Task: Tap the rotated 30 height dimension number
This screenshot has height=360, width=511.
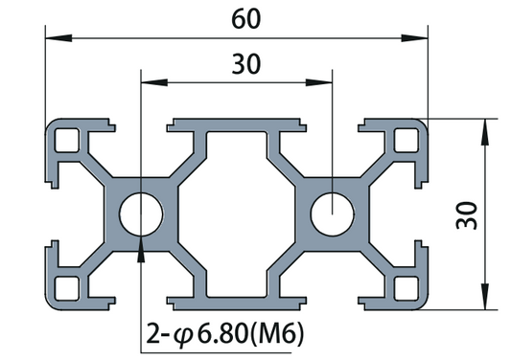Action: click(467, 214)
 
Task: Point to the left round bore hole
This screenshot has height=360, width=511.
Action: click(140, 214)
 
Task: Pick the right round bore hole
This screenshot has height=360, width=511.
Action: click(332, 214)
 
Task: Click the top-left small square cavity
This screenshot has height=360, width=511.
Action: click(66, 140)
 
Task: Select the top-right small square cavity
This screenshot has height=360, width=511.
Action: click(406, 140)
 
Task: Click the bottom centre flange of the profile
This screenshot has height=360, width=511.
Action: click(236, 302)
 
